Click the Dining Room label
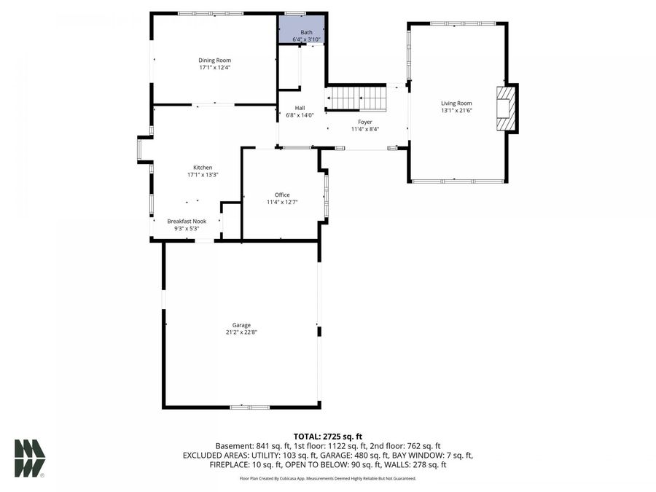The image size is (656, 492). pyautogui.click(x=215, y=60)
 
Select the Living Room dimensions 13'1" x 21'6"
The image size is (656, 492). pyautogui.click(x=456, y=111)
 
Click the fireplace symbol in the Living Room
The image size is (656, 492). pyautogui.click(x=507, y=109)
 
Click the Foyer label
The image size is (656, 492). pyautogui.click(x=364, y=122)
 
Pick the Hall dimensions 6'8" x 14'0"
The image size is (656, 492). pyautogui.click(x=300, y=115)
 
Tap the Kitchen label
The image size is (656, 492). pyautogui.click(x=203, y=167)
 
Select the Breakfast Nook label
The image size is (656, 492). pyautogui.click(x=187, y=221)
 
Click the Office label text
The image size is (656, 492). pyautogui.click(x=282, y=195)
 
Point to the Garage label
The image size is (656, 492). pyautogui.click(x=241, y=325)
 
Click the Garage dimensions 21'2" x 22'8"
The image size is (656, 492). pyautogui.click(x=241, y=332)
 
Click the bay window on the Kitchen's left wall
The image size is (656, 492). pyautogui.click(x=141, y=149)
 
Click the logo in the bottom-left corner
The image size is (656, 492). pyautogui.click(x=29, y=458)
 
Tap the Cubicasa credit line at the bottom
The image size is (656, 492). pyautogui.click(x=327, y=479)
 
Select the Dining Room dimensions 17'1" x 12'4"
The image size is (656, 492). pyautogui.click(x=215, y=67)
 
